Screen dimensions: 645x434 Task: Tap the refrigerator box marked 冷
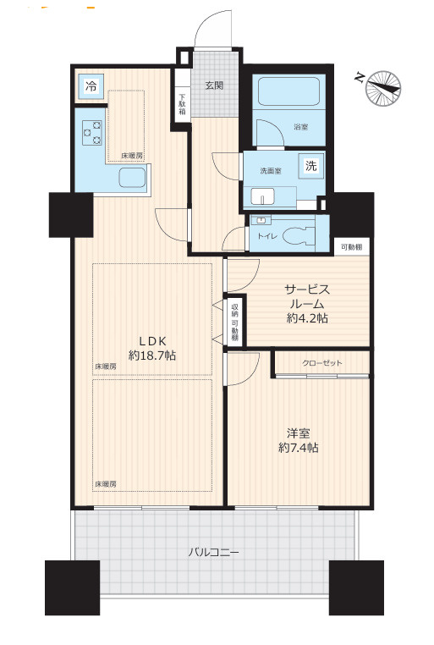pyautogui.click(x=91, y=86)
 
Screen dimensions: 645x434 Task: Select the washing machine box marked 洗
pyautogui.click(x=311, y=166)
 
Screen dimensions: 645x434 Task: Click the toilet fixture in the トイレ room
pyautogui.click(x=295, y=234)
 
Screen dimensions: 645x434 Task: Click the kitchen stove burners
pyautogui.click(x=91, y=133)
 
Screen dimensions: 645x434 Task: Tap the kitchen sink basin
pyautogui.click(x=133, y=179)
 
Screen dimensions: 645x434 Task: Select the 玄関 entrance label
pyautogui.click(x=213, y=85)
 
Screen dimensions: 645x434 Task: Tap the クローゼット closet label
pyautogui.click(x=322, y=362)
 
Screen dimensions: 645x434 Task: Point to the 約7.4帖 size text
pyautogui.click(x=299, y=446)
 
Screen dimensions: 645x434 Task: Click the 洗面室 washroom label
pyautogui.click(x=271, y=170)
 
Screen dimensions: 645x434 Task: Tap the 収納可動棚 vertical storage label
pyautogui.click(x=234, y=319)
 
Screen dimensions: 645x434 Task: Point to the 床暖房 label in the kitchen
pyautogui.click(x=130, y=156)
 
